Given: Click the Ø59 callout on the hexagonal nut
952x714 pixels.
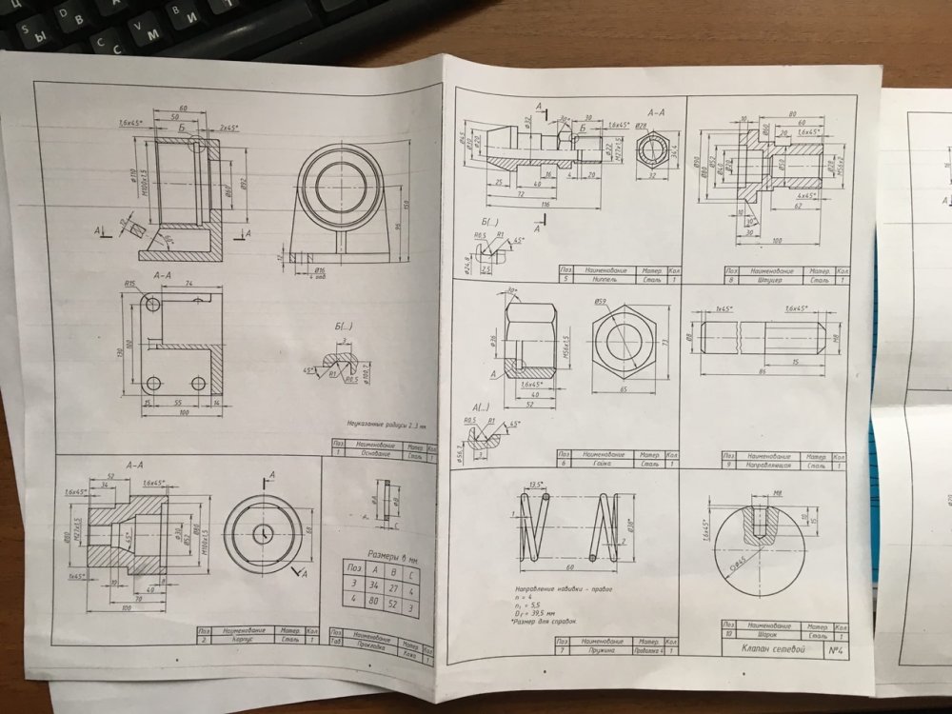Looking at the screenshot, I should pyautogui.click(x=601, y=303).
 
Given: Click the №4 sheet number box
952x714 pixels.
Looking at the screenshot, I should pyautogui.click(x=837, y=650).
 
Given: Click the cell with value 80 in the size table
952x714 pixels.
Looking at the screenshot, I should pyautogui.click(x=370, y=601).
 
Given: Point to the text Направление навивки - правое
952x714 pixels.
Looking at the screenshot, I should pyautogui.click(x=556, y=588).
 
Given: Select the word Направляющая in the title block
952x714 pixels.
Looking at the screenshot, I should pyautogui.click(x=777, y=466).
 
